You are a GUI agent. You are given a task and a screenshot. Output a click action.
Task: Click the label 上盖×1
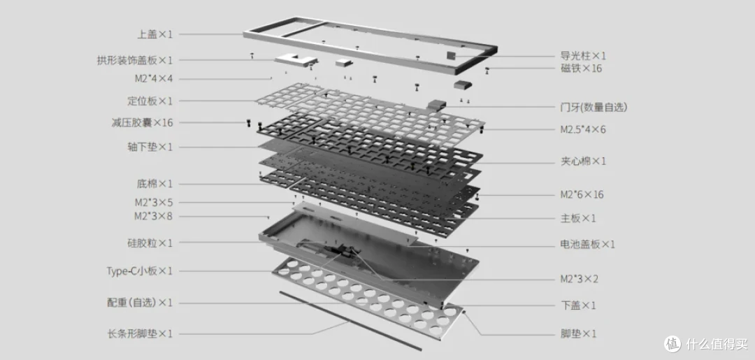[x=154, y=34]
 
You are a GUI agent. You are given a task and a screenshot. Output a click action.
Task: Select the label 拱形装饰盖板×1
[x=134, y=60]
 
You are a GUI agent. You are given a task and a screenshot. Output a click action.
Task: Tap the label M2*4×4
[x=153, y=78]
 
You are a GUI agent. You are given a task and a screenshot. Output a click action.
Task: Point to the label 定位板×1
[x=150, y=101]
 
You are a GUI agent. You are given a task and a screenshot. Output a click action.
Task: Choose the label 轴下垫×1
[x=150, y=147]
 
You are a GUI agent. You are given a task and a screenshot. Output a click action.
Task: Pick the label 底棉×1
[x=154, y=184]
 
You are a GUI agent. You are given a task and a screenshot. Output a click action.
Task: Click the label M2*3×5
[x=153, y=203]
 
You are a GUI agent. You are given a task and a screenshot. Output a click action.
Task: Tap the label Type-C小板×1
[x=140, y=271]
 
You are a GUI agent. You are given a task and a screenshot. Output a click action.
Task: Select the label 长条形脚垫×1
[x=140, y=333]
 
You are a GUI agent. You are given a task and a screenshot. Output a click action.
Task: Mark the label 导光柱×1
[x=583, y=57]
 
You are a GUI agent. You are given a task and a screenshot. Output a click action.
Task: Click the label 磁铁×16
[x=581, y=69]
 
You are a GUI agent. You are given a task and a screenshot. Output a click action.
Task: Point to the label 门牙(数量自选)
[x=594, y=108]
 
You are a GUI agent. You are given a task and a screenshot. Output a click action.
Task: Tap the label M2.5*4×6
[x=582, y=129]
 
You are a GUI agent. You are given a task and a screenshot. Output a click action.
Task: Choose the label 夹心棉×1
[x=583, y=161]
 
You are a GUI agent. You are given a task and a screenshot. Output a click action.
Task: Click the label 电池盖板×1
[x=588, y=244]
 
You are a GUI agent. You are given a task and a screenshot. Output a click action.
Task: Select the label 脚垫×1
[x=578, y=333]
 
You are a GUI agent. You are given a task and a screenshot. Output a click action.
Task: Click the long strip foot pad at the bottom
[x=350, y=321]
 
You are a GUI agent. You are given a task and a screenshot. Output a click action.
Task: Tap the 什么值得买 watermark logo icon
[x=673, y=344]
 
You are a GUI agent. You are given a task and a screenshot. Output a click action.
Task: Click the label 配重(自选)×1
[x=140, y=303]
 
